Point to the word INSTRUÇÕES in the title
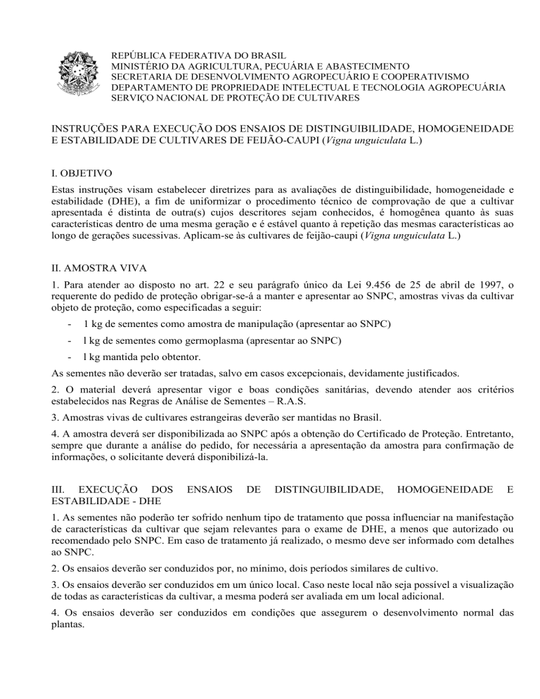point(87,129)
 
